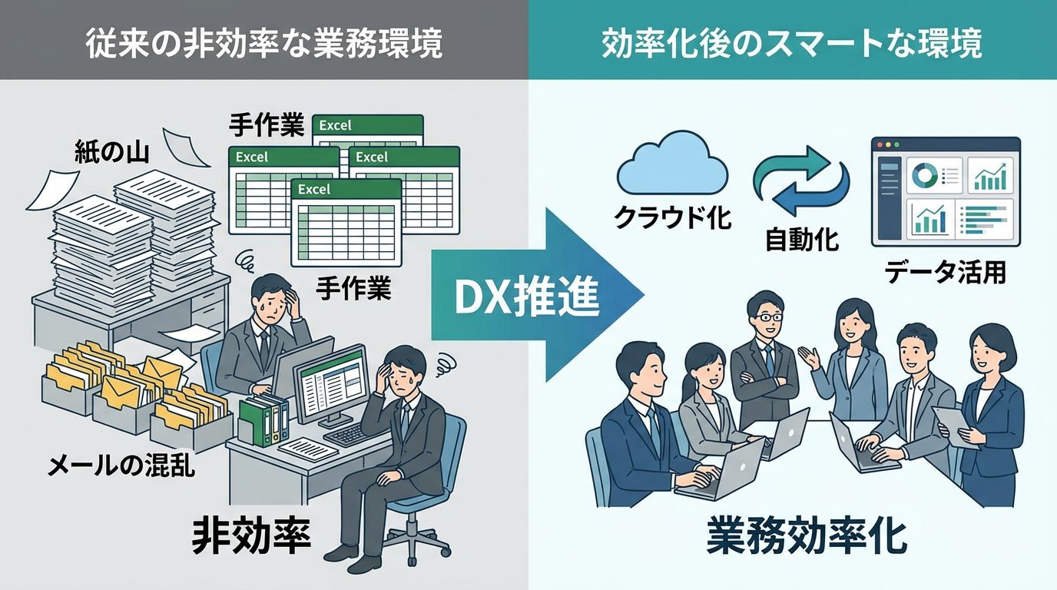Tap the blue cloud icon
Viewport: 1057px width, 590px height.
[672, 165]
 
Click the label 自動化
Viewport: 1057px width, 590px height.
[802, 240]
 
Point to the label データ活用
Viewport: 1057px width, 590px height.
[945, 272]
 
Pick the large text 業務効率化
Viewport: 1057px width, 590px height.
[806, 539]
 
